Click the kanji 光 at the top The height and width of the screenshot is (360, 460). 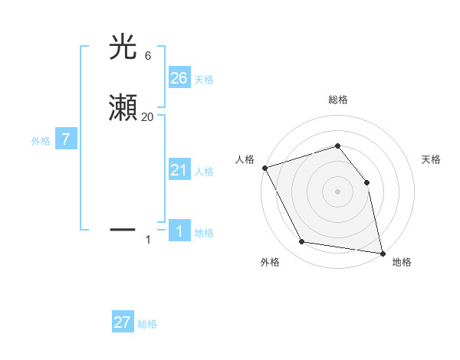(123, 47)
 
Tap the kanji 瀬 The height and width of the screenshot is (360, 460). (123, 108)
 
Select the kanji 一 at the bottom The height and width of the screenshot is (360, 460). (123, 228)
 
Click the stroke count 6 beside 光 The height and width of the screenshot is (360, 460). (147, 56)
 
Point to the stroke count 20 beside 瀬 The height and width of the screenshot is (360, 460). (147, 116)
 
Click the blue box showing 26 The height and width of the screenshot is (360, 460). (179, 77)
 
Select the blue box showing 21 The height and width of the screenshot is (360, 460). (179, 169)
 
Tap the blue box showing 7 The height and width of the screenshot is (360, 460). (66, 139)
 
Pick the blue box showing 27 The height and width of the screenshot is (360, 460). (123, 322)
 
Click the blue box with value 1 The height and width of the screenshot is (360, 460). (179, 231)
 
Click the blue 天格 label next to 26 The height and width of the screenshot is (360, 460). (204, 80)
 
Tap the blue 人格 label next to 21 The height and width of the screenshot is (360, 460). (204, 172)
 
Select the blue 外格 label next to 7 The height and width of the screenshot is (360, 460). (41, 141)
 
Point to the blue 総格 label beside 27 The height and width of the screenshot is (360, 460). (147, 324)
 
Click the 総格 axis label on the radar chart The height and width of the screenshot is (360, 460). (337, 100)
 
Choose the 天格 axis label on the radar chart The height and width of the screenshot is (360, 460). (432, 159)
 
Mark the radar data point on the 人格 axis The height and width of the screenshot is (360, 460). (264, 168)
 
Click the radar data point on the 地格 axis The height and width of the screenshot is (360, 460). (382, 253)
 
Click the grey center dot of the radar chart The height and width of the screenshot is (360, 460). (337, 191)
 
